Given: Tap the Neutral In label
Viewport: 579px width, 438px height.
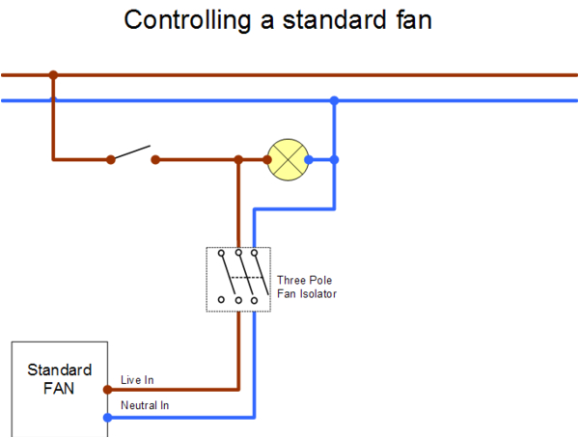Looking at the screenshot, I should click(x=145, y=406).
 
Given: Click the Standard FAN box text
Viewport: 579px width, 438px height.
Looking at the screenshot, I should click(x=60, y=378).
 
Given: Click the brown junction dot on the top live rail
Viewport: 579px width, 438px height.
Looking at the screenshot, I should click(x=53, y=74).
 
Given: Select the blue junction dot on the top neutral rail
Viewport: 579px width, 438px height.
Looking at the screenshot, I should click(x=334, y=100).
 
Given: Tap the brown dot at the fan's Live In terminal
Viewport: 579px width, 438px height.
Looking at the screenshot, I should click(x=107, y=390).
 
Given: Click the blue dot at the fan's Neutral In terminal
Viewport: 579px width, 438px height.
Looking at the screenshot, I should click(x=107, y=417).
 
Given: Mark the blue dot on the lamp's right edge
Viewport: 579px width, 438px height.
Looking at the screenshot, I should click(x=308, y=159).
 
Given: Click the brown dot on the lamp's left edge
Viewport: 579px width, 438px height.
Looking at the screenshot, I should click(x=268, y=159).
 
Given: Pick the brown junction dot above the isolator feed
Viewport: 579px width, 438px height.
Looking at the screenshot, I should click(x=238, y=159).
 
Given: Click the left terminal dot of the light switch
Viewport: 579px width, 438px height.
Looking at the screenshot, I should click(x=111, y=159).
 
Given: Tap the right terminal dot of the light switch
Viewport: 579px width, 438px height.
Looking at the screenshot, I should click(x=156, y=159).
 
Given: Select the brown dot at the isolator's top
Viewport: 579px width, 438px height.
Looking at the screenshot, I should click(x=238, y=245).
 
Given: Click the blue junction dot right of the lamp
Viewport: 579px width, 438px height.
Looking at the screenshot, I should click(x=334, y=159).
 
